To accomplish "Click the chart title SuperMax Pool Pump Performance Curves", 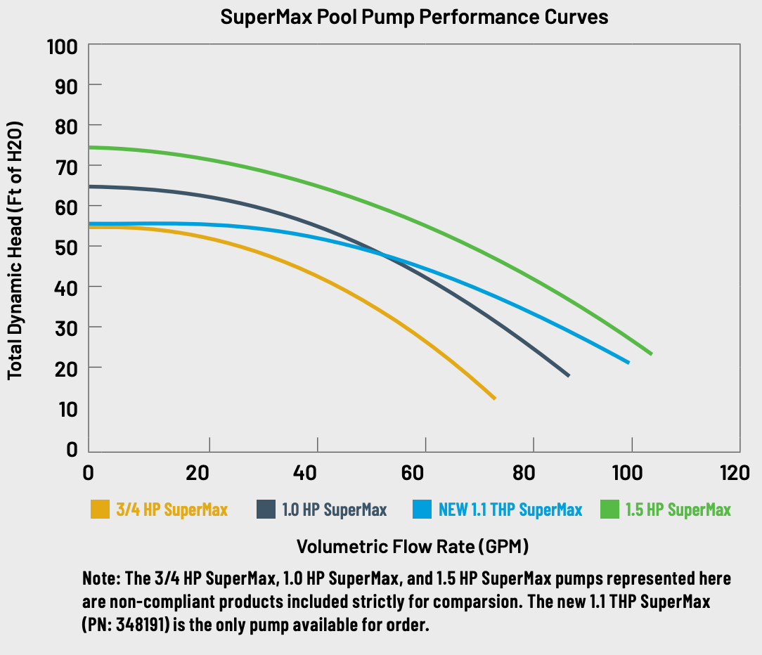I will [414, 17].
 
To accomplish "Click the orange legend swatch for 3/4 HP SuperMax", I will [101, 510].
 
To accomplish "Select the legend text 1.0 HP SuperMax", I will [335, 510].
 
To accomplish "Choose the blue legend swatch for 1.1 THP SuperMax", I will [422, 510].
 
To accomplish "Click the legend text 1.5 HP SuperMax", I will [678, 510].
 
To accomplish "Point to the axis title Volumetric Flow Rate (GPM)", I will [413, 546].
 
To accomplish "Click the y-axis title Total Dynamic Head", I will [15, 251].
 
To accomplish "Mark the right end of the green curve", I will [651, 354].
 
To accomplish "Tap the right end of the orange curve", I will [494, 398].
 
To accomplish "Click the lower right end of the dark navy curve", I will [568, 375].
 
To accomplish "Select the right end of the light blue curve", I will [628, 362].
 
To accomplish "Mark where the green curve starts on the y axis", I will [90, 148].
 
